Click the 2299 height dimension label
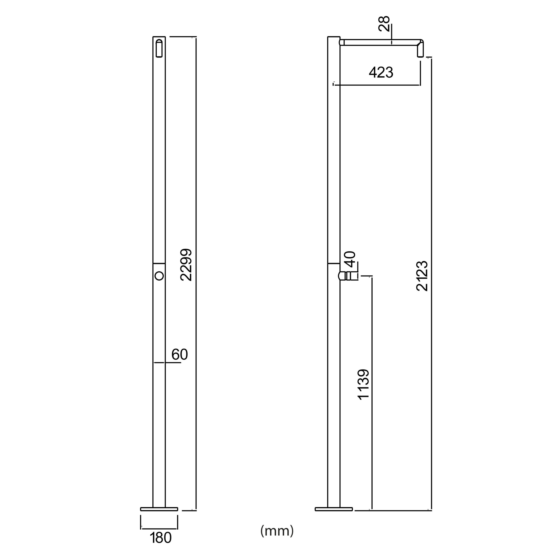(x=186, y=265)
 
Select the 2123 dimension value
(x=422, y=276)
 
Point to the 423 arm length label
(x=381, y=73)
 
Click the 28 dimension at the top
(x=384, y=24)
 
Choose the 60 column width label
(x=179, y=354)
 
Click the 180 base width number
(x=161, y=538)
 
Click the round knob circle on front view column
(x=159, y=276)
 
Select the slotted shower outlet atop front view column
(x=159, y=48)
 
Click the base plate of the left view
(x=159, y=509)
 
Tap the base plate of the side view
(x=334, y=509)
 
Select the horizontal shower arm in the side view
(x=380, y=42)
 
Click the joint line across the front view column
(x=159, y=263)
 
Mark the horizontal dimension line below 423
(x=377, y=85)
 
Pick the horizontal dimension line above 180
(x=159, y=528)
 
